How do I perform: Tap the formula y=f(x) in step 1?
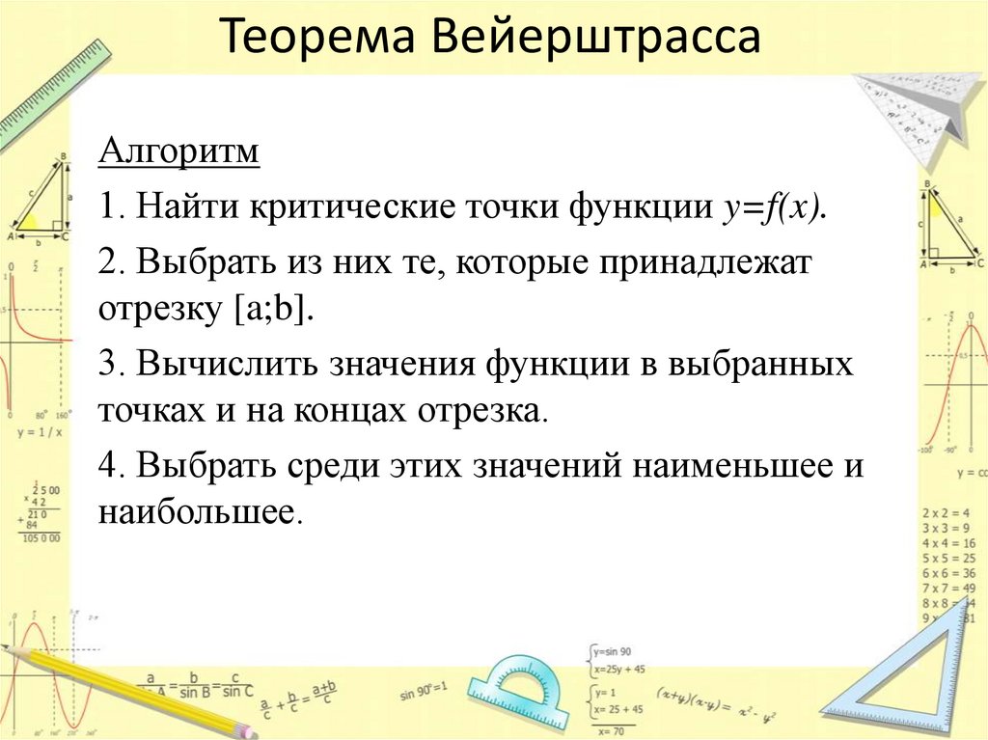[x=770, y=206]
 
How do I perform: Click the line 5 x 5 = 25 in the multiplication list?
[x=948, y=558]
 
